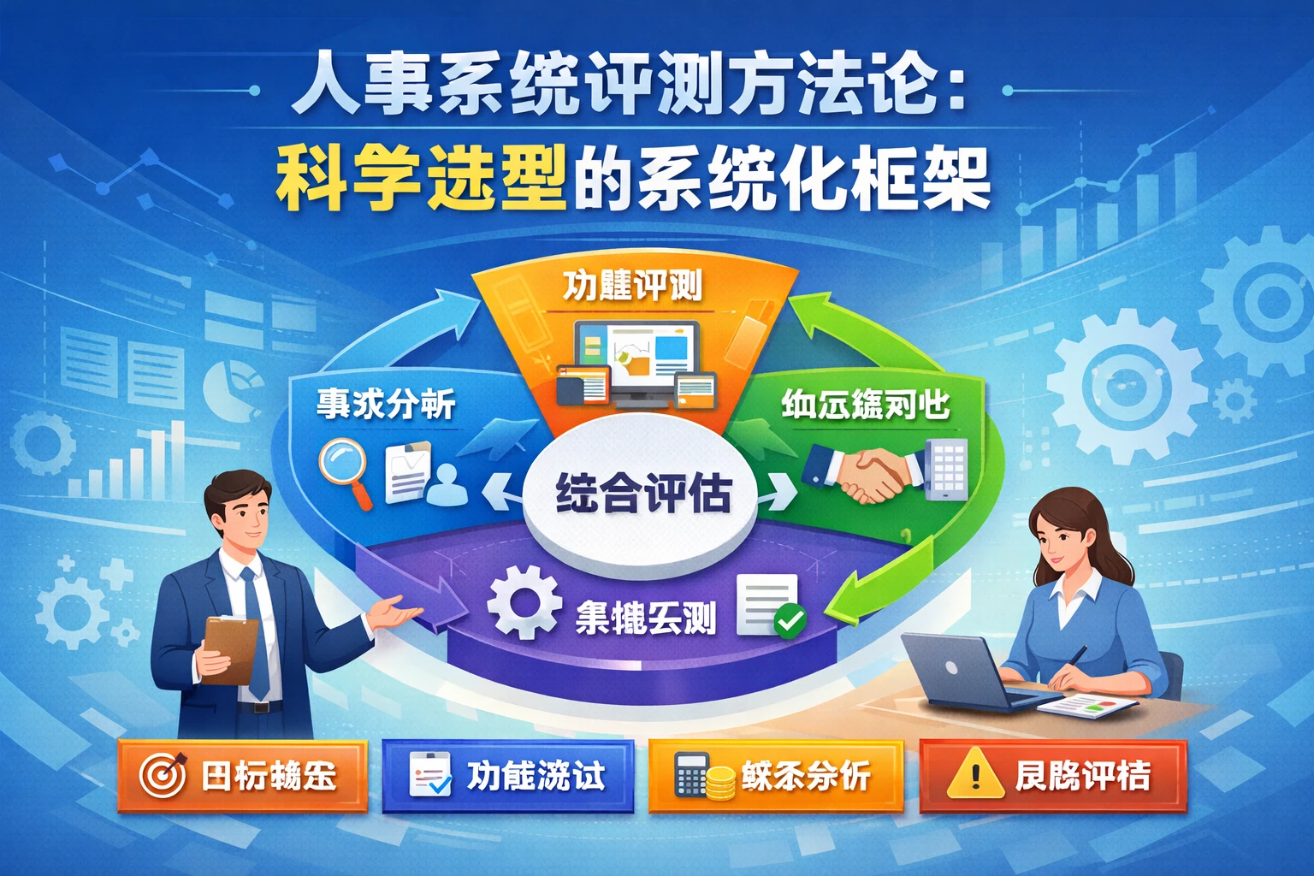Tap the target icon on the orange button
[x=163, y=776]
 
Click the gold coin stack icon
[x=721, y=782]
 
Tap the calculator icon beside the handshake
[x=947, y=468]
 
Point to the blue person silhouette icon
[x=446, y=484]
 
